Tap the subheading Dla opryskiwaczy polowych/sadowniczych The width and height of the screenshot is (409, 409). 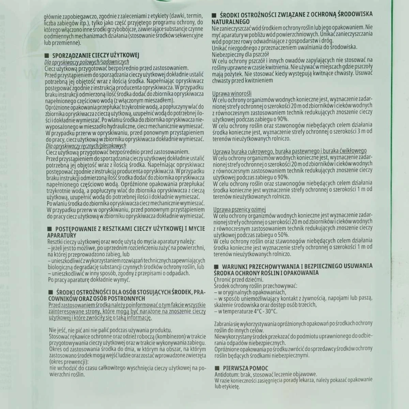[87, 62]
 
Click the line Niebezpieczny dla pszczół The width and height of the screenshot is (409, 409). [240, 54]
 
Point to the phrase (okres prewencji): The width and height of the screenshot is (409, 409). [69, 361]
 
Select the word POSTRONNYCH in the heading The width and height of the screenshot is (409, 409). [117, 298]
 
